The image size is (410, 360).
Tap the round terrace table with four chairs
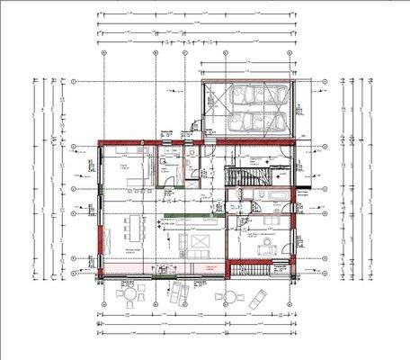pyautogui.click(x=129, y=293)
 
